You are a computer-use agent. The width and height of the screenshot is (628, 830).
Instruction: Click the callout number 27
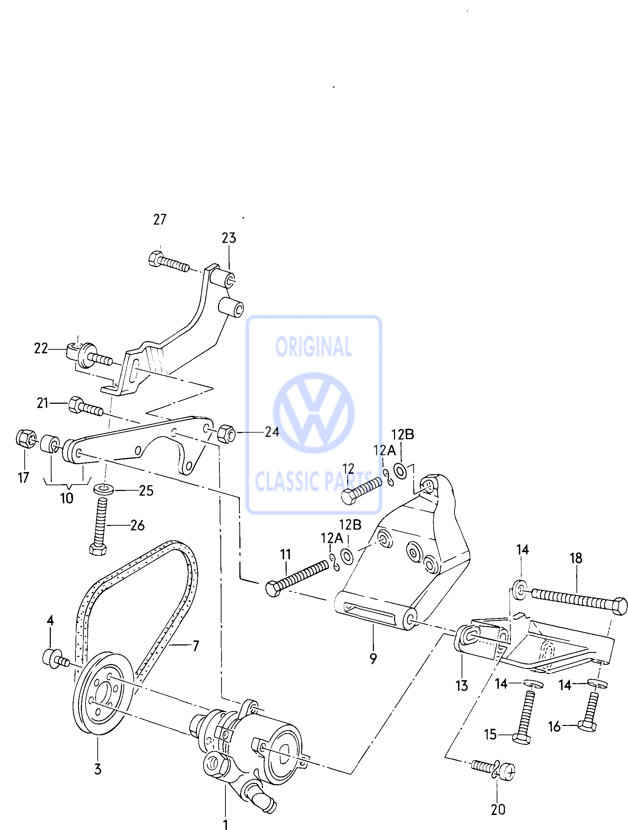point(160,220)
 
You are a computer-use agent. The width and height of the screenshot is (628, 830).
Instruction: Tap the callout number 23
point(229,238)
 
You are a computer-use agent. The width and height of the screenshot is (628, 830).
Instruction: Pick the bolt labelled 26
point(99,525)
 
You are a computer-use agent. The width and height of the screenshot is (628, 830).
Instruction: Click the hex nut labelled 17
point(25,439)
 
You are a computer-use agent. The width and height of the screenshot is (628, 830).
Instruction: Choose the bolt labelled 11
point(297,578)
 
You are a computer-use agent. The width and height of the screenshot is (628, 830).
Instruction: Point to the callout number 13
point(462,686)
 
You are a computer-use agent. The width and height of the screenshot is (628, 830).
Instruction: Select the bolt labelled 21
point(85,407)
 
